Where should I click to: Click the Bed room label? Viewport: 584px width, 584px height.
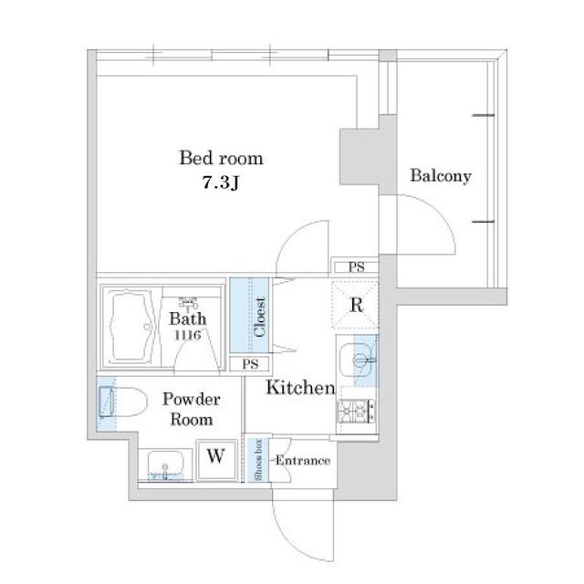(221, 158)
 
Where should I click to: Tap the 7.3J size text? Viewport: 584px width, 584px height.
(221, 182)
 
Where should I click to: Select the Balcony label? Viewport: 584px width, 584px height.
(441, 176)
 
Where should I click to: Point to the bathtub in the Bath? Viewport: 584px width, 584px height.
(130, 327)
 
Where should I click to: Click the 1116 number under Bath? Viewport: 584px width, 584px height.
(188, 335)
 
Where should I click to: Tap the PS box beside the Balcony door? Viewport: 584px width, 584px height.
(356, 267)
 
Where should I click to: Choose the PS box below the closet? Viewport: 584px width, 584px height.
(250, 364)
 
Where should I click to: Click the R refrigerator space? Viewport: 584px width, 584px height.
(356, 305)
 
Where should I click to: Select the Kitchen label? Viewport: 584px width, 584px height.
(300, 387)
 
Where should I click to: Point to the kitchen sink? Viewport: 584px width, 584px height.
(358, 360)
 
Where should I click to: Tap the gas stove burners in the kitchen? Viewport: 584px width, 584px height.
(356, 412)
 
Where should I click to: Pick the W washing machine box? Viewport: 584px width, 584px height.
(216, 460)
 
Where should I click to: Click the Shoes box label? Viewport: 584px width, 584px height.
(257, 460)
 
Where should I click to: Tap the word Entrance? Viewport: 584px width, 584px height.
(302, 461)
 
